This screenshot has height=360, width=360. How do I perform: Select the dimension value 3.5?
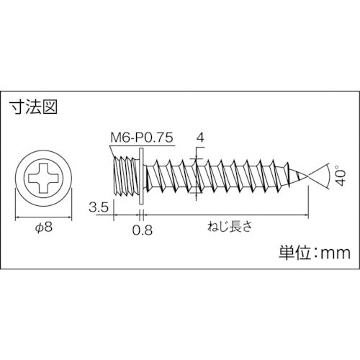click(99, 209)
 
